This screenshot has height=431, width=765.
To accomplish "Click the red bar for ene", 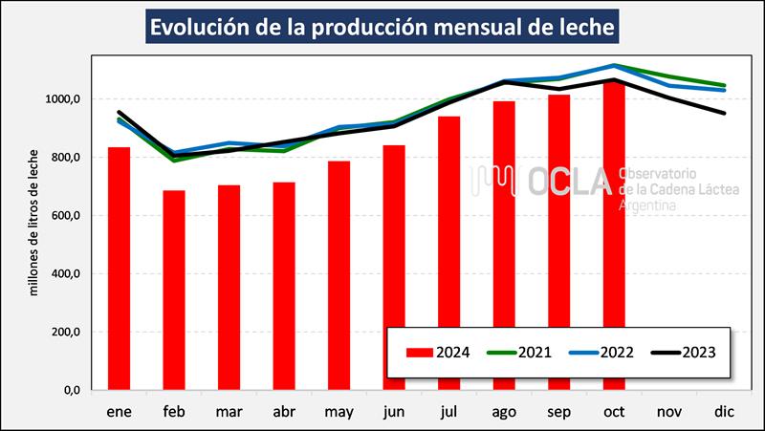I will point(119,269).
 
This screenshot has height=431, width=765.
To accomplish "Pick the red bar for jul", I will point(448,253).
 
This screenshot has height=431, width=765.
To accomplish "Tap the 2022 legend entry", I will point(602,352).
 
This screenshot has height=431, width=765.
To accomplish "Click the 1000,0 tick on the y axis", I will point(69,99).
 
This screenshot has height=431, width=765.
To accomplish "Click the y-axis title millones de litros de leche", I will point(33,222).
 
